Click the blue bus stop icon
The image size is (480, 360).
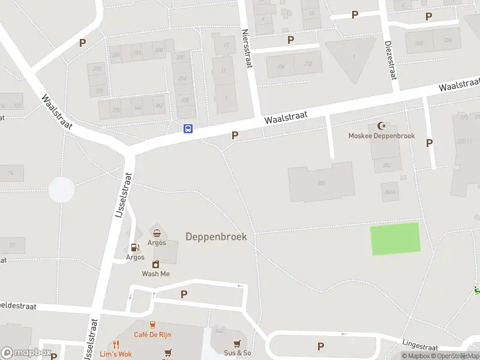(188, 128)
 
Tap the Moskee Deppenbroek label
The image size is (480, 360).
(382, 136)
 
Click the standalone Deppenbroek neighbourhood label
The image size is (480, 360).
(216, 236)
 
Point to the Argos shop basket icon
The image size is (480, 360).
(157, 233)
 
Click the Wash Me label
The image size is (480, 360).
(156, 274)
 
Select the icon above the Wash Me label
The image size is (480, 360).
(156, 264)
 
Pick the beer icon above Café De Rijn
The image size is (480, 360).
(153, 325)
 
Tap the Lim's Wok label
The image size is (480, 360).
(115, 354)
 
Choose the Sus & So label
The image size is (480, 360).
(238, 353)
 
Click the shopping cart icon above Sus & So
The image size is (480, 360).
(238, 343)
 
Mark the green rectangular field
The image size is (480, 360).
(395, 238)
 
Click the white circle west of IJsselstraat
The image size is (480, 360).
(61, 190)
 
